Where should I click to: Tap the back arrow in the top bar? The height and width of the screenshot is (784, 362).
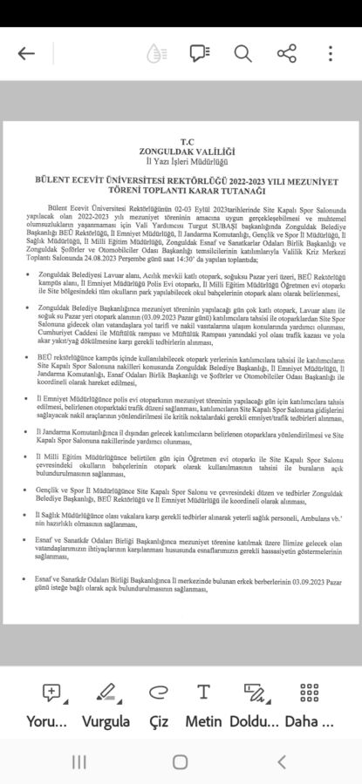26,54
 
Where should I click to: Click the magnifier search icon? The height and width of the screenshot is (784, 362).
242,54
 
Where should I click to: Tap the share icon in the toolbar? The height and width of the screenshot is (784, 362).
286,54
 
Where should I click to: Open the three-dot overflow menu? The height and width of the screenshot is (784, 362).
330,54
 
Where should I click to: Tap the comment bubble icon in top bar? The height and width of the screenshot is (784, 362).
200,54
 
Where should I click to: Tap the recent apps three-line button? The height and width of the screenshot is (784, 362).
79,762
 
